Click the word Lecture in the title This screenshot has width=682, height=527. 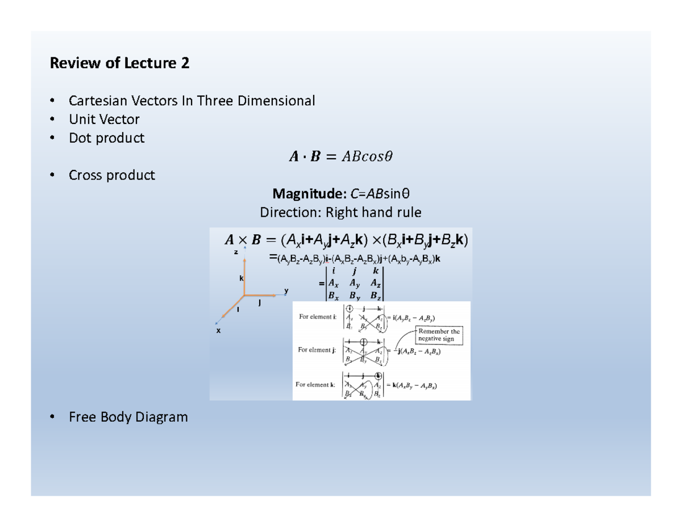click(149, 63)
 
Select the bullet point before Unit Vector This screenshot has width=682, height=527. click(52, 119)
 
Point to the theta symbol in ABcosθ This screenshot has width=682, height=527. click(388, 156)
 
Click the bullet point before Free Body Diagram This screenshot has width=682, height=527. click(52, 418)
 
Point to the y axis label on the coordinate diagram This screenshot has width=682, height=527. click(286, 291)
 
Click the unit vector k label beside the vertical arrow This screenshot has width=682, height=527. click(240, 279)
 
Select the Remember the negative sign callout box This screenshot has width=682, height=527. click(440, 335)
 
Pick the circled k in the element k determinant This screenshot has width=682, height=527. click(378, 375)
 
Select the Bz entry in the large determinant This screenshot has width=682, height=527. click(376, 296)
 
